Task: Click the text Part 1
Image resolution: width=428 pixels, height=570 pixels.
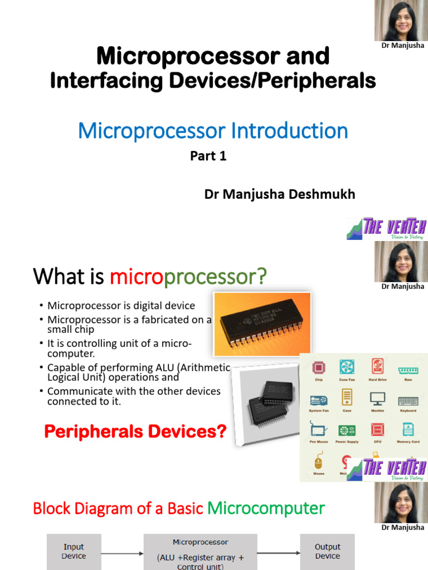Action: pos(208,156)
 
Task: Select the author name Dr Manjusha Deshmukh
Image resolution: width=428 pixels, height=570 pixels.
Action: pos(280,194)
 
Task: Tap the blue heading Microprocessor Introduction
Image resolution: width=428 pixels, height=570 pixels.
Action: pos(213,131)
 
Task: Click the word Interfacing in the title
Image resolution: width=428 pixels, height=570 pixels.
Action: pos(106,81)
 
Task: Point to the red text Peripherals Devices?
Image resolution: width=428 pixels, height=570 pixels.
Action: pos(135,431)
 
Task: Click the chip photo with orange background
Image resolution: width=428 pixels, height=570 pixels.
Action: pos(261,324)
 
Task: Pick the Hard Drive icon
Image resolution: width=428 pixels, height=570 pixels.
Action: pos(377,367)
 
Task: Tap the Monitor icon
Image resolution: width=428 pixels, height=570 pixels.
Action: pos(377,399)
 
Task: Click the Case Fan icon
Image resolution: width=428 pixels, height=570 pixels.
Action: pos(347,367)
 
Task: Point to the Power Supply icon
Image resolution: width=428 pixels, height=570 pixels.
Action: pos(347,430)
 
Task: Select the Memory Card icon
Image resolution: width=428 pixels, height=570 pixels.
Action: pos(408,430)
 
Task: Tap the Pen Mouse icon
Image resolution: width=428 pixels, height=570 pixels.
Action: pos(318,430)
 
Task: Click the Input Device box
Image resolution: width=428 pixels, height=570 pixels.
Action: pos(74,551)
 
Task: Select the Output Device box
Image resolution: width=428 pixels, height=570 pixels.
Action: pos(327,551)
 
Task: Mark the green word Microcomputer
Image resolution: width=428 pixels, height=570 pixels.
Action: pos(266,508)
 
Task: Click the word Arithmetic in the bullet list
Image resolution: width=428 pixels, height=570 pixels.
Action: pos(208,367)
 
